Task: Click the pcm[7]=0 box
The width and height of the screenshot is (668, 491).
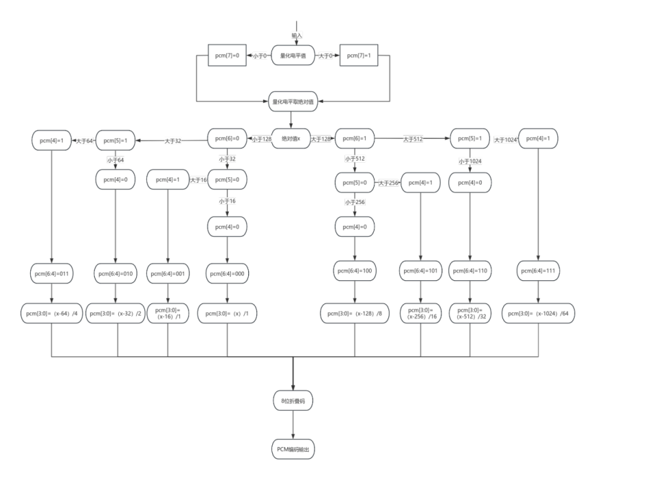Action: [x=227, y=55]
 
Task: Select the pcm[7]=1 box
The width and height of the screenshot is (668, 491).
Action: [x=359, y=55]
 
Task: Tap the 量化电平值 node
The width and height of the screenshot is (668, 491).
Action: [x=293, y=55]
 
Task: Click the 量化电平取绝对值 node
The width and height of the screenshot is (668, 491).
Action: [x=293, y=102]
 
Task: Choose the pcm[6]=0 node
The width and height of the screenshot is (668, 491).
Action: [x=227, y=139]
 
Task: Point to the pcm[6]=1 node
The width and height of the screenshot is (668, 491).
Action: [x=355, y=139]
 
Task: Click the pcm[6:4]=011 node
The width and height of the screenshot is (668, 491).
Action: [x=52, y=273]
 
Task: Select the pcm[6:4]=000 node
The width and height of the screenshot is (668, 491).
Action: [x=227, y=273]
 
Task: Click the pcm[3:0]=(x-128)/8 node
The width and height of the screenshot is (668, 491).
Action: [x=355, y=313]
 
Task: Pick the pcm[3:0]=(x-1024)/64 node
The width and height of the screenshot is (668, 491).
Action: [x=538, y=313]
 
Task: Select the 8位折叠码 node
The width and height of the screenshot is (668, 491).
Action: [x=293, y=400]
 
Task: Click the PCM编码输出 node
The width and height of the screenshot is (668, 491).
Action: [x=293, y=450]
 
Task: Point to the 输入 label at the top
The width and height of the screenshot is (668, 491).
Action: [x=296, y=34]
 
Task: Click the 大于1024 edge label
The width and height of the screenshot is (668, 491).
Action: [x=505, y=139]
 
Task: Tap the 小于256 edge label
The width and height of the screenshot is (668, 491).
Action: [x=355, y=202]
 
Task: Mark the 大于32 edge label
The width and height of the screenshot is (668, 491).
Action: [x=172, y=141]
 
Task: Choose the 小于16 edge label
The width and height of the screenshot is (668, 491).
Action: [x=227, y=201]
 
